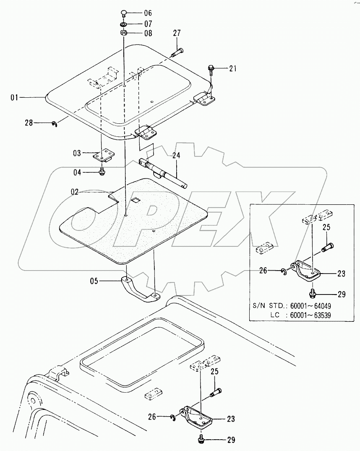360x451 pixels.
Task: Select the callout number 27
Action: pos(176,33)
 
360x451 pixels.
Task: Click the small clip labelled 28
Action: pos(55,123)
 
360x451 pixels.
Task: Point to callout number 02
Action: pos(75,192)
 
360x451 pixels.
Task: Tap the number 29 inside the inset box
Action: pos(342,294)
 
